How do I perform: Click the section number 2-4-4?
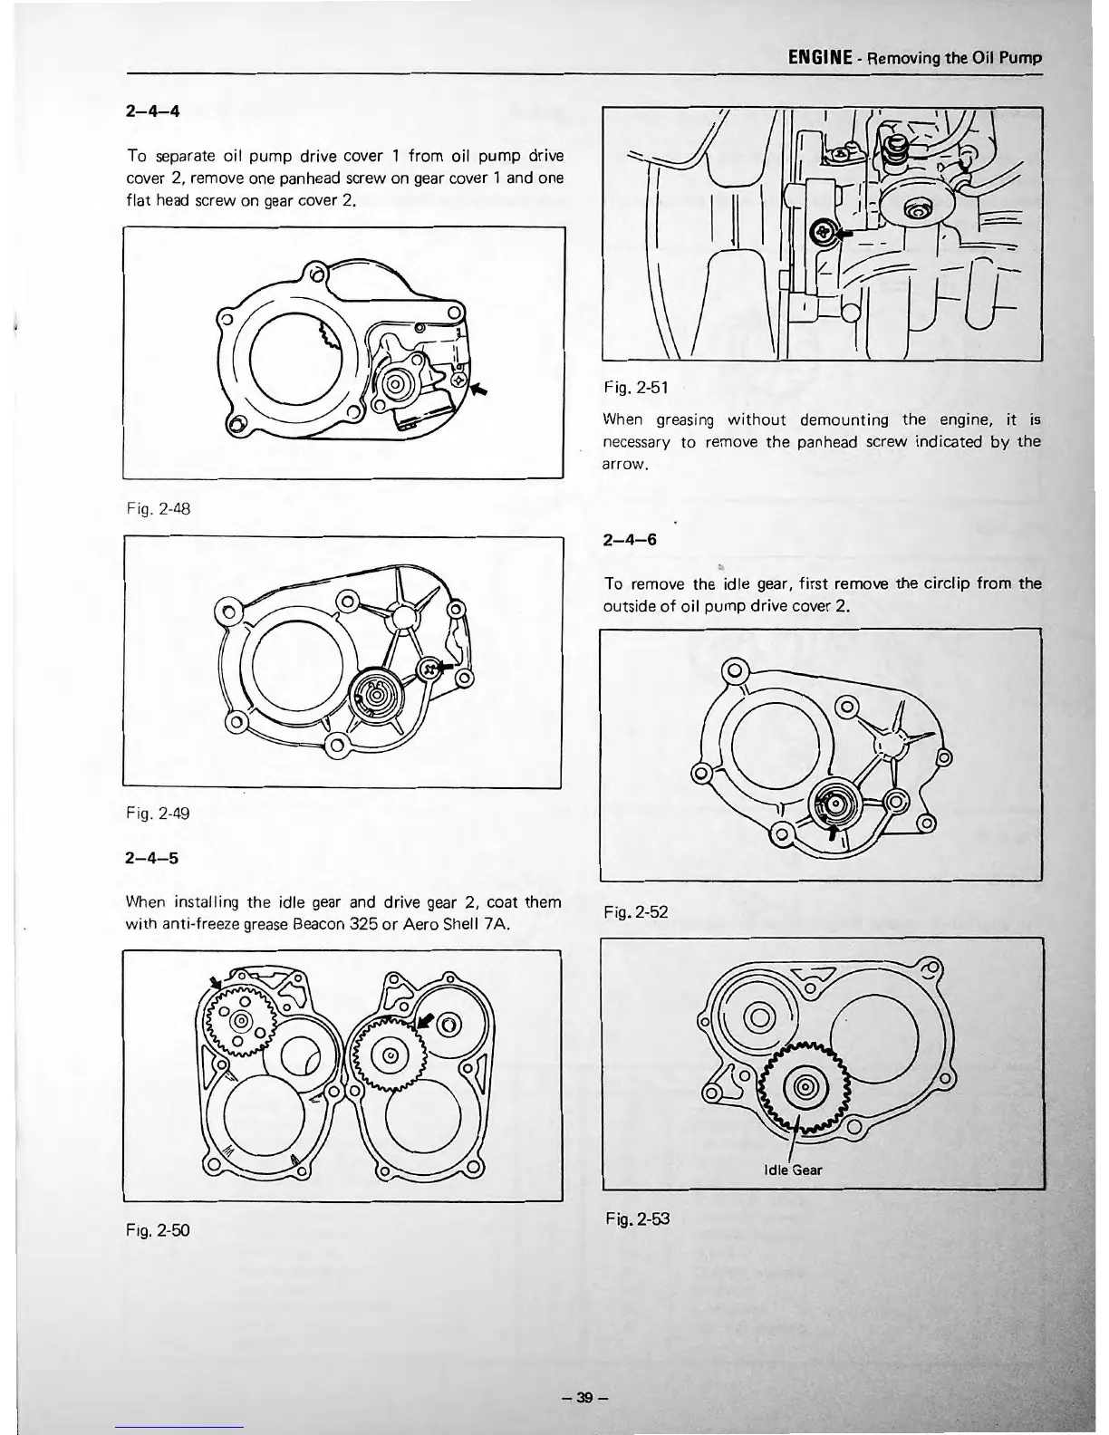(x=153, y=112)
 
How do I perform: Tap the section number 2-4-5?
(x=153, y=858)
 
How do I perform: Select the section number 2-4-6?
(x=630, y=540)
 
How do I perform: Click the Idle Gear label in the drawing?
(x=793, y=1170)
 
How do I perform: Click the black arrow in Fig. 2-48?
(x=478, y=389)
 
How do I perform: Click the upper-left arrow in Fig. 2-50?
(x=216, y=982)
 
